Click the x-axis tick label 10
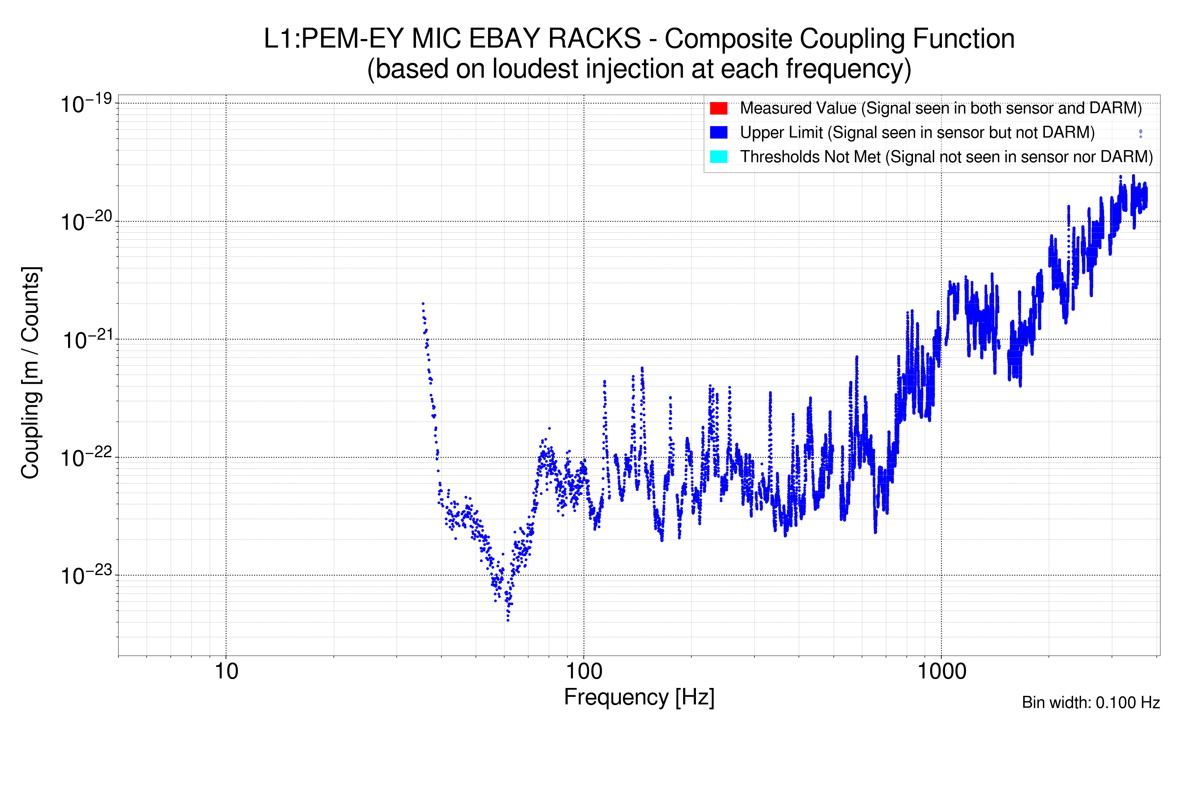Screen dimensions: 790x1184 tap(226, 671)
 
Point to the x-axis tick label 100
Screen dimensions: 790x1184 tap(584, 671)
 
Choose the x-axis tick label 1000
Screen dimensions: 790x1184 tap(941, 671)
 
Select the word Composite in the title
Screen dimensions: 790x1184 tap(728, 39)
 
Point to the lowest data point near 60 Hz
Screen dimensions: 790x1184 tap(508, 620)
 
